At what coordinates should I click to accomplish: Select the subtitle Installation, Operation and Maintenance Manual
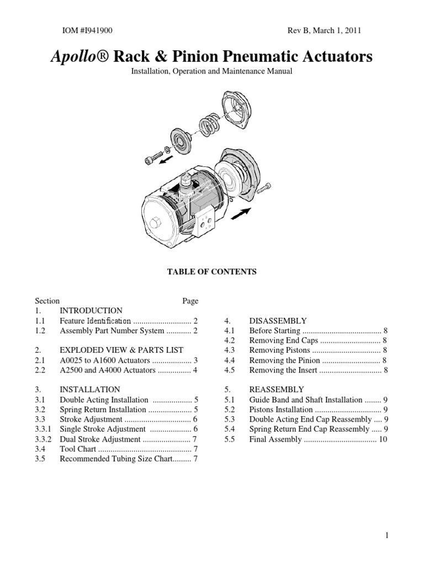click(x=212, y=71)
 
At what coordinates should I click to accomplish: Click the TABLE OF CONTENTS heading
click(x=212, y=272)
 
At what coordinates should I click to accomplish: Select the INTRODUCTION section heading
click(x=91, y=311)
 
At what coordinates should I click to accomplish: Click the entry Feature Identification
click(x=95, y=321)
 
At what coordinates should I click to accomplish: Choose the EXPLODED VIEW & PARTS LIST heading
click(x=121, y=350)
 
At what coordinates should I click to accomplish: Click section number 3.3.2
click(x=44, y=439)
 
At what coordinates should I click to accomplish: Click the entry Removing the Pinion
click(x=284, y=360)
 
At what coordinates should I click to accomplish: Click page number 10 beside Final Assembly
click(x=383, y=439)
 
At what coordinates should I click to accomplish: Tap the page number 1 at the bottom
click(x=388, y=535)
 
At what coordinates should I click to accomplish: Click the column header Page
click(x=190, y=301)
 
